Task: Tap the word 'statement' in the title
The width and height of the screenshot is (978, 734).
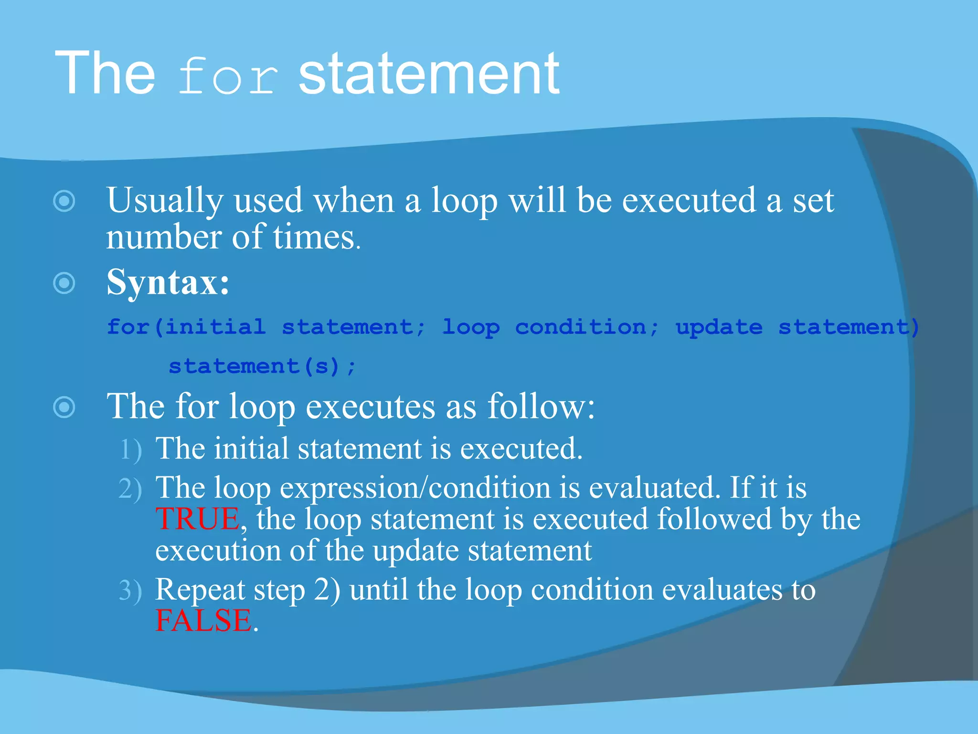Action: [428, 74]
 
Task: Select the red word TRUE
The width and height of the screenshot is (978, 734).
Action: [197, 519]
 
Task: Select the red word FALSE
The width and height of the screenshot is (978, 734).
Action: [203, 621]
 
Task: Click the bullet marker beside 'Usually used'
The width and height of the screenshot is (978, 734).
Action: [64, 201]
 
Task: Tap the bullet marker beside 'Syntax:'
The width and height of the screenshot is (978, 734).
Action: [64, 283]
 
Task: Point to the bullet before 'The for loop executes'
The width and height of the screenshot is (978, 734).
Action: [64, 407]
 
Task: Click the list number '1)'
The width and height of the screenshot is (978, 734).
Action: [130, 450]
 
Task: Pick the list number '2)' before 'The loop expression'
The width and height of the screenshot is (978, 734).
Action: [130, 489]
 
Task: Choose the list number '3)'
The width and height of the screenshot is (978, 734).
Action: [130, 591]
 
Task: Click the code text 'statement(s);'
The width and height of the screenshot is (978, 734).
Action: [262, 367]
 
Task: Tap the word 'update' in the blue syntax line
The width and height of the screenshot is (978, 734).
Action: [719, 328]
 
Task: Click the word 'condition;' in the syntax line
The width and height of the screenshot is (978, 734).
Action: [587, 327]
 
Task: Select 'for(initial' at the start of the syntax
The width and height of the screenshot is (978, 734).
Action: [186, 327]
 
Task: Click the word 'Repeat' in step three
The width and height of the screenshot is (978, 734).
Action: [200, 590]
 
